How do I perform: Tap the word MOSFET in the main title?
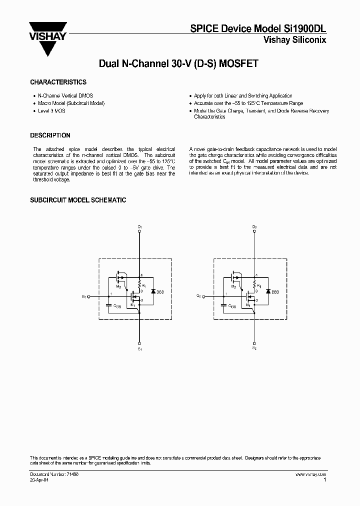(x=237, y=64)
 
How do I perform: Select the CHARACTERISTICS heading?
(x=58, y=82)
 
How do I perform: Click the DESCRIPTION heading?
(x=50, y=135)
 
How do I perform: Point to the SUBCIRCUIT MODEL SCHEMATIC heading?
(x=78, y=200)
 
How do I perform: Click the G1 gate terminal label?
(x=83, y=296)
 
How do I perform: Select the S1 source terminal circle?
(x=139, y=343)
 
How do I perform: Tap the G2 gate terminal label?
(x=198, y=296)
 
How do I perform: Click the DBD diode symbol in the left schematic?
(x=153, y=290)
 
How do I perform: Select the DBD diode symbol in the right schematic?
(x=268, y=290)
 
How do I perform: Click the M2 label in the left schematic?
(x=118, y=286)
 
